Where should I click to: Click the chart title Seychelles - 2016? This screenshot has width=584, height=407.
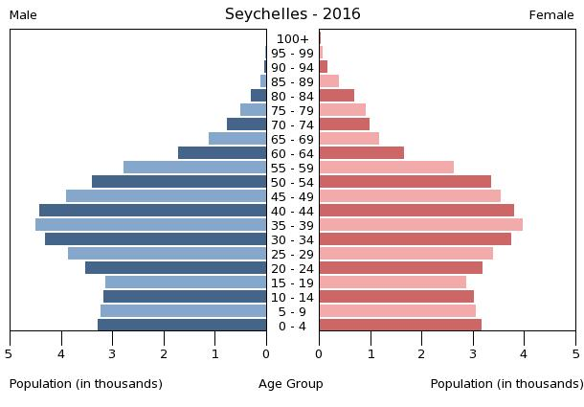[x=292, y=14]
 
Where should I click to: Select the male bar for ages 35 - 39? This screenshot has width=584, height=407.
[x=151, y=224]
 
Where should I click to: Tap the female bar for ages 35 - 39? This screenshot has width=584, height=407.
[x=420, y=224]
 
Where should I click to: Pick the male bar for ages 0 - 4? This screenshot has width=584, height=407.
[x=182, y=325]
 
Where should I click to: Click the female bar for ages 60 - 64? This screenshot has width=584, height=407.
[x=361, y=152]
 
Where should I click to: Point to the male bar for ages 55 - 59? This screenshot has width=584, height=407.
[x=195, y=167]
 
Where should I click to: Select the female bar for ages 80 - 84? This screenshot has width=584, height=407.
[x=336, y=95]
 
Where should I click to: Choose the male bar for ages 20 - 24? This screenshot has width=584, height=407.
[x=176, y=267]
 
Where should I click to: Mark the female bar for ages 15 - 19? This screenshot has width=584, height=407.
[x=393, y=282]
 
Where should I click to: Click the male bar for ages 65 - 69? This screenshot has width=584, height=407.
[x=237, y=138]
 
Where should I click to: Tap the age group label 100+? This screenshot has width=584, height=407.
[x=292, y=38]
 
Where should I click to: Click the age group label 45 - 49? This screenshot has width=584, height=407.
[x=292, y=196]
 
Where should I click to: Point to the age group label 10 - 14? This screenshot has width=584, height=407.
[x=292, y=297]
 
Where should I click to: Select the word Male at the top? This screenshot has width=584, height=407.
[x=23, y=15]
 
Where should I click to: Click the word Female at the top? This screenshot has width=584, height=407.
[x=551, y=15]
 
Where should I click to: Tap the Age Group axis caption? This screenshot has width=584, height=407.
[x=291, y=384]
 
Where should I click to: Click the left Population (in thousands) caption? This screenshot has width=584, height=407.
[x=86, y=384]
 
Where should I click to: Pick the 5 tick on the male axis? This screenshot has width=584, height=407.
[x=10, y=353]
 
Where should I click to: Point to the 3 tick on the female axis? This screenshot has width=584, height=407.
[x=473, y=353]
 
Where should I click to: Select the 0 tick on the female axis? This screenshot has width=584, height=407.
[x=319, y=353]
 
